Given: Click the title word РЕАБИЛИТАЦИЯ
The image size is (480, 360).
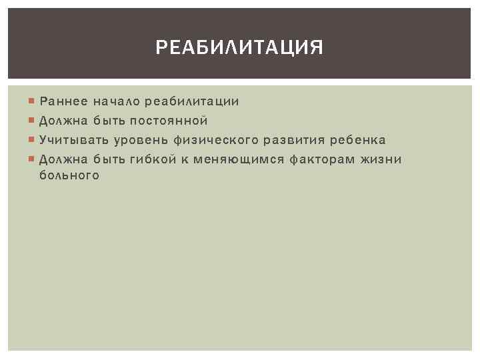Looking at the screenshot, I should pos(239,48).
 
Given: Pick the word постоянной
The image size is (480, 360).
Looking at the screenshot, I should pos(169,121).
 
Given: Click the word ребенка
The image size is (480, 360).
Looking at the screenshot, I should pos(359,140).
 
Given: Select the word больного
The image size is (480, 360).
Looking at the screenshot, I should pos(69,176).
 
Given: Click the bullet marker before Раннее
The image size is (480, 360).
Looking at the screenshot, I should pos(32,101).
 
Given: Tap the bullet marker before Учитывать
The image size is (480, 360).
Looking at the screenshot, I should pos(32,140).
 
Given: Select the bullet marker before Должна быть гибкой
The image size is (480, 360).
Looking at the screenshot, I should pos(32,159).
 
